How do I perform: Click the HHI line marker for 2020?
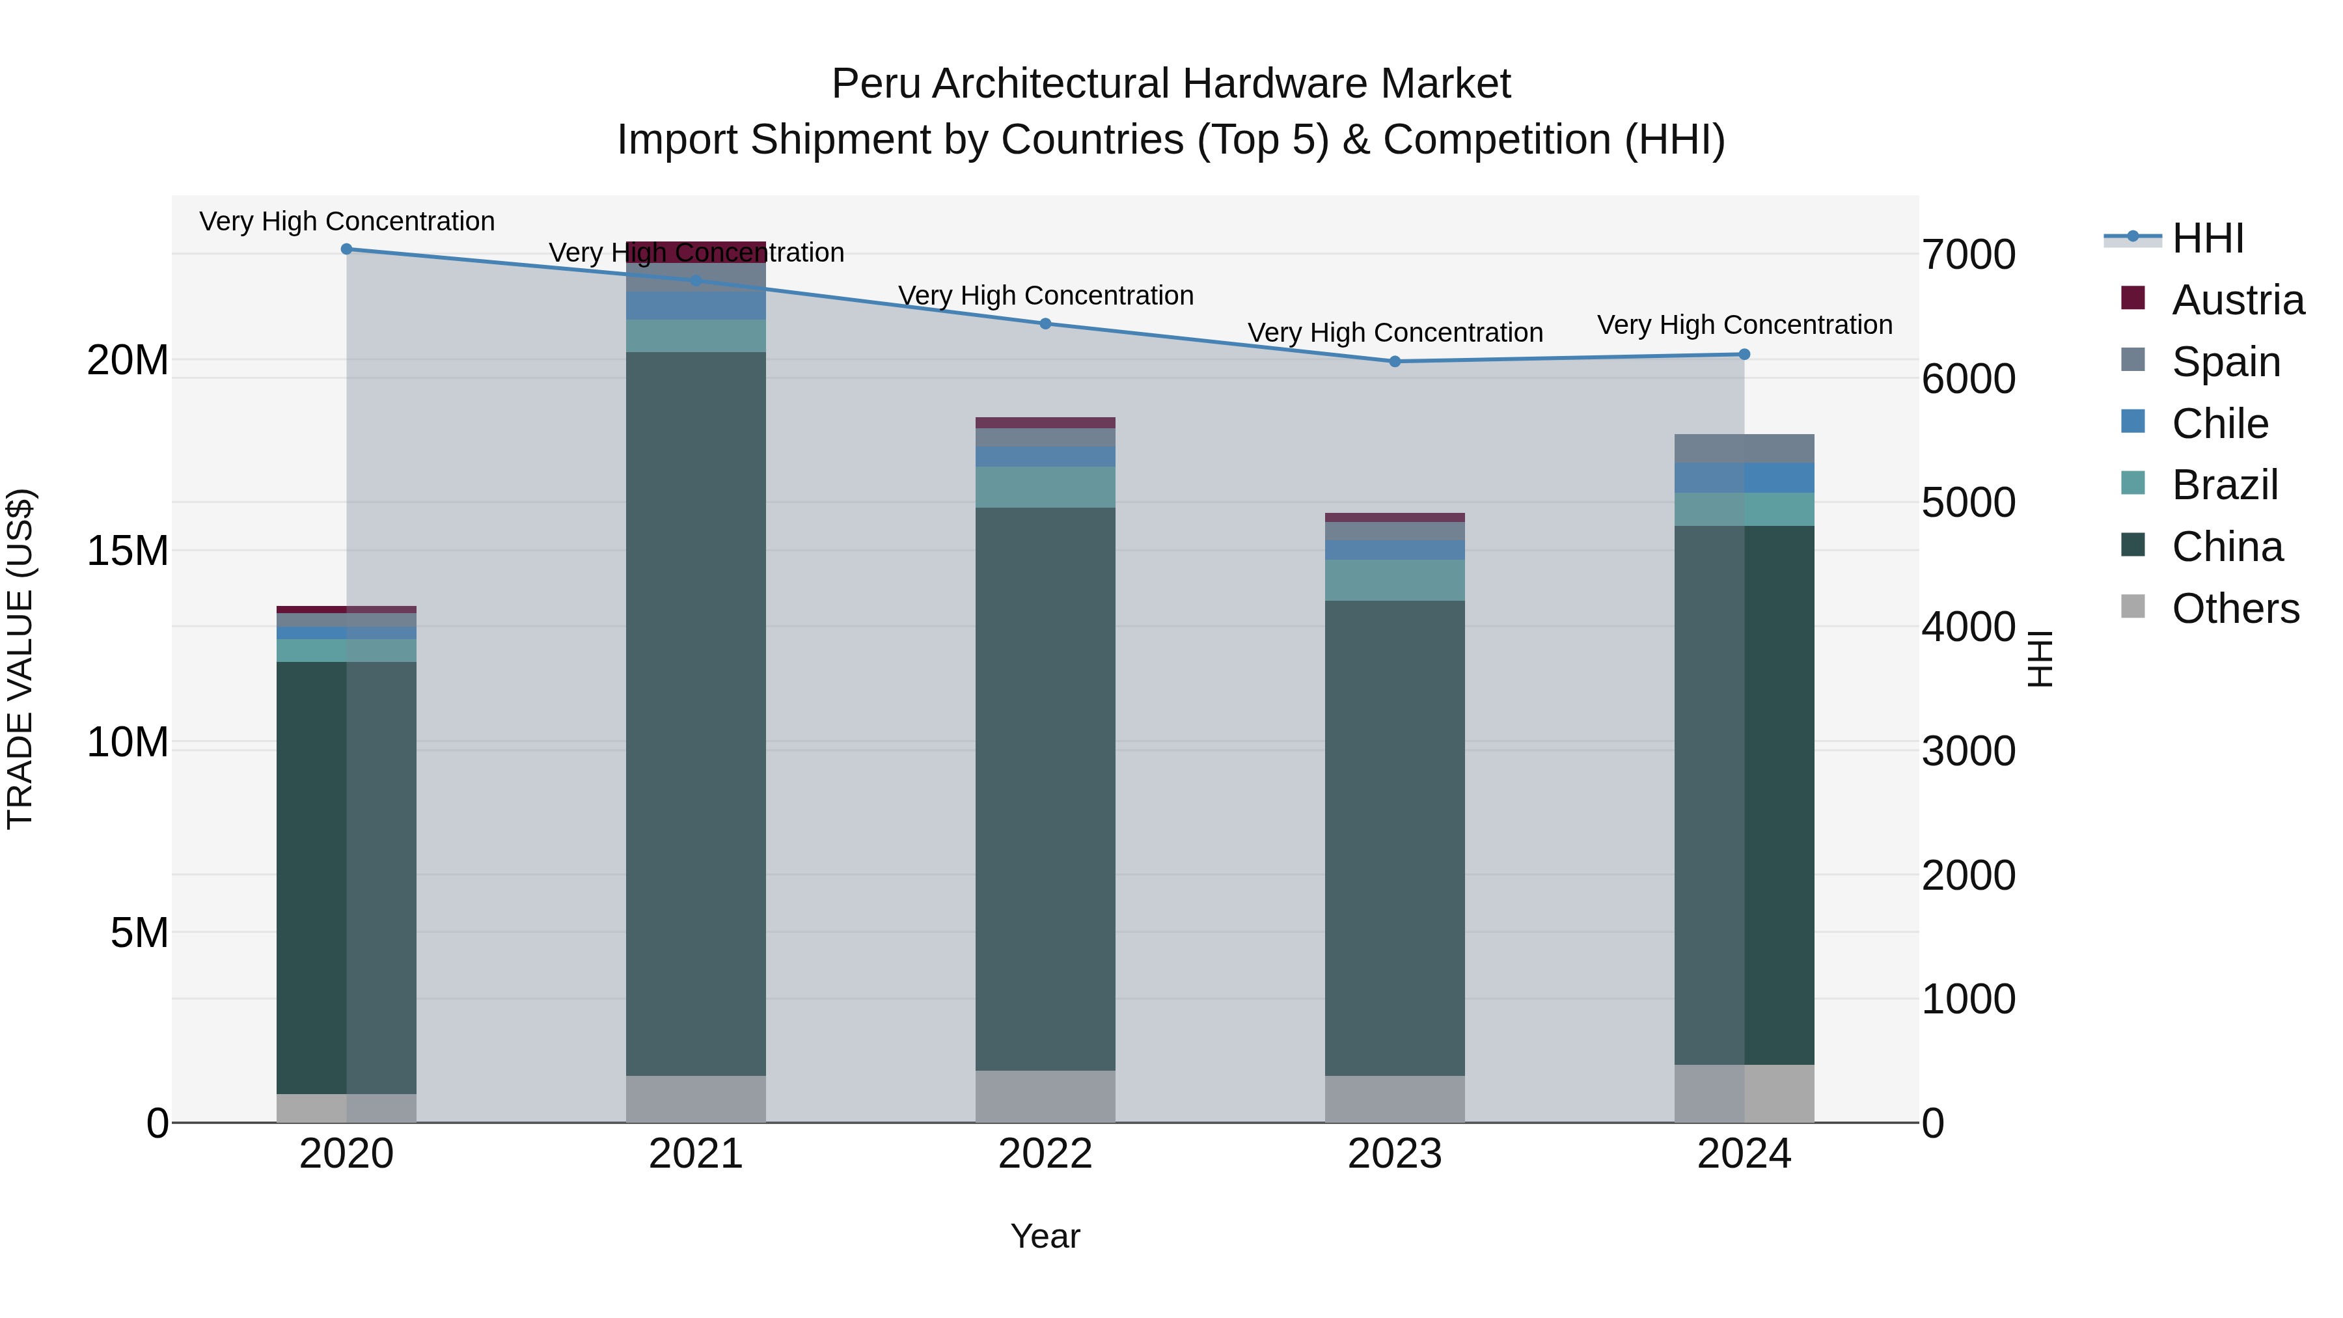(x=346, y=249)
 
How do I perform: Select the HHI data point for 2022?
(x=1045, y=324)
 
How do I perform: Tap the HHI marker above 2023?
(x=1394, y=362)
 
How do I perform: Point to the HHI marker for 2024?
(x=1744, y=355)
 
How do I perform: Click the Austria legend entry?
(x=2238, y=300)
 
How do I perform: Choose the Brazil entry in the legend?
(x=2225, y=485)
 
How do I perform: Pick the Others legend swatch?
(x=2133, y=607)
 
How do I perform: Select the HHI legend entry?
(x=2208, y=238)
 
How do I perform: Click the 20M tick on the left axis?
(x=128, y=360)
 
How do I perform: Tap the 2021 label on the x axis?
(x=696, y=1154)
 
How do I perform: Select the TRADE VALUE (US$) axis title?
(x=20, y=659)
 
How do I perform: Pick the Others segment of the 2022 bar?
(x=1045, y=1096)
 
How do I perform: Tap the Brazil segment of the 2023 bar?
(x=1394, y=581)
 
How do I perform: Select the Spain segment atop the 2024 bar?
(x=1744, y=448)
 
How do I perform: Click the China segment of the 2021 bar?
(x=696, y=714)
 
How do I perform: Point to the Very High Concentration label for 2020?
(x=346, y=221)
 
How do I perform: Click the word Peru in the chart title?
(x=877, y=85)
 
